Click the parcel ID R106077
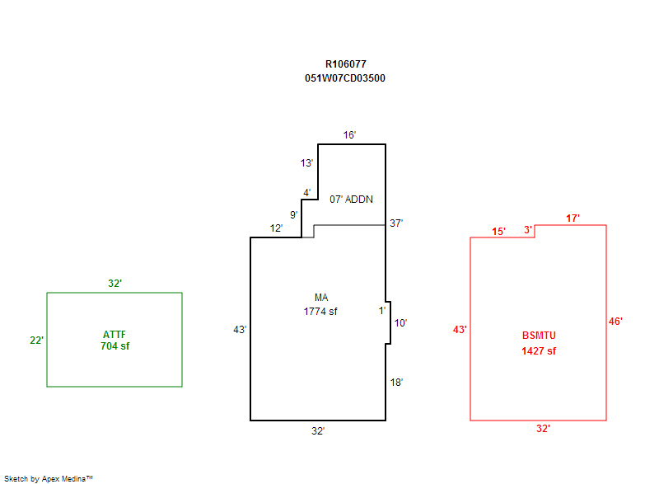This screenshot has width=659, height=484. click(345, 63)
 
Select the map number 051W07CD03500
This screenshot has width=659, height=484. click(345, 78)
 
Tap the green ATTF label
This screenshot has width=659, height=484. click(115, 334)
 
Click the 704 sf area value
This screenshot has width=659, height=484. click(115, 346)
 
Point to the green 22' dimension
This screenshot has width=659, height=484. click(36, 340)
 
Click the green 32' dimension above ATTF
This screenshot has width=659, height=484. click(115, 284)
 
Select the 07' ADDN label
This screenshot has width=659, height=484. click(352, 200)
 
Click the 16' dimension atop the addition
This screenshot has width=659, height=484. click(350, 135)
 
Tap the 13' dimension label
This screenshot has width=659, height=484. click(306, 163)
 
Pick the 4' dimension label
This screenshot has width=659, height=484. click(306, 193)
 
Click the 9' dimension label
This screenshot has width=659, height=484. click(293, 214)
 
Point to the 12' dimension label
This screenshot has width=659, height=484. click(277, 228)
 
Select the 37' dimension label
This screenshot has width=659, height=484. click(396, 223)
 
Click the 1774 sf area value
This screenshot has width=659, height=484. click(320, 312)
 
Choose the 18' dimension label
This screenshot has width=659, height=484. click(396, 383)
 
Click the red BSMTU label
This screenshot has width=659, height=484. click(539, 336)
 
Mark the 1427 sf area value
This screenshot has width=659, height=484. click(539, 351)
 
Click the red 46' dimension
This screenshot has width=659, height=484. click(615, 322)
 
